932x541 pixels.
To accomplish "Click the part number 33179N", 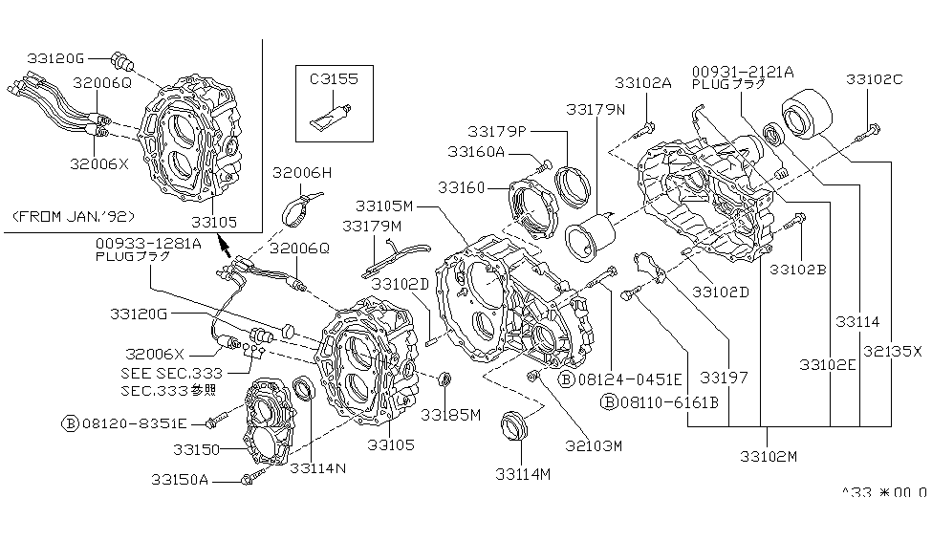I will [596, 110].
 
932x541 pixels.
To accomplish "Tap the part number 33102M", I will [768, 456].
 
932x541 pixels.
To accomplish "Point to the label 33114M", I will [524, 473].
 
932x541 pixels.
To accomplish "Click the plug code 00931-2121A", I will [743, 70].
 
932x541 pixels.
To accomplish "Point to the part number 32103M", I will [592, 444].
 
